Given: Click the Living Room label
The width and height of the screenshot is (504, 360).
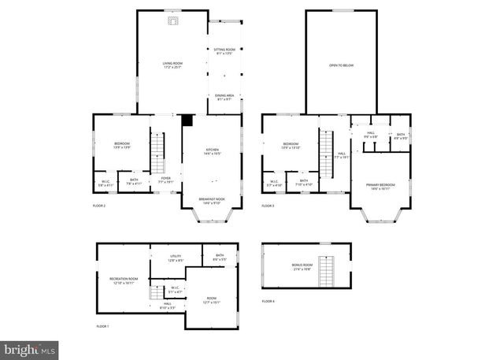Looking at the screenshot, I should [172, 65].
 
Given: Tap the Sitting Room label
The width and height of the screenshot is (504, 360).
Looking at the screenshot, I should [224, 52].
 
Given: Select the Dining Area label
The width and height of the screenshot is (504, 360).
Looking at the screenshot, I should [224, 97].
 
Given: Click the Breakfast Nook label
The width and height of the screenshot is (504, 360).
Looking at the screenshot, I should [212, 201].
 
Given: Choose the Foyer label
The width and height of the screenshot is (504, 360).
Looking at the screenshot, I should [166, 180].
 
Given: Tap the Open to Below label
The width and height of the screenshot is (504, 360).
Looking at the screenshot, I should [341, 65].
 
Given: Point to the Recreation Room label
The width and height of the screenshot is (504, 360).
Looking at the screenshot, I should [124, 280].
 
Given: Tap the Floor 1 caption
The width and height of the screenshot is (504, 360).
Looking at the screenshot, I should [103, 326].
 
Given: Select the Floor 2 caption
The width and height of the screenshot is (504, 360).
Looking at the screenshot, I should [99, 206].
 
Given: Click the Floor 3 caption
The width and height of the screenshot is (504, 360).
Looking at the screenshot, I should [269, 206].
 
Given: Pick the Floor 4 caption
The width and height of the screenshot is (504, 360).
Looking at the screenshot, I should [269, 302].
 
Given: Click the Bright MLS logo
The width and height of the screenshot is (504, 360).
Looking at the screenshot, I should [30, 347].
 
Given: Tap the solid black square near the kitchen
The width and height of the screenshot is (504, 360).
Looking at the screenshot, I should [187, 121].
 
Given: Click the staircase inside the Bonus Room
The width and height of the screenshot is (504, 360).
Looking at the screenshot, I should [327, 271].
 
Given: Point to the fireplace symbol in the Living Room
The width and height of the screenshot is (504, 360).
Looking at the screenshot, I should [172, 21].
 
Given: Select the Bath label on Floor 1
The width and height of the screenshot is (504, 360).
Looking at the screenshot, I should [220, 256].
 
